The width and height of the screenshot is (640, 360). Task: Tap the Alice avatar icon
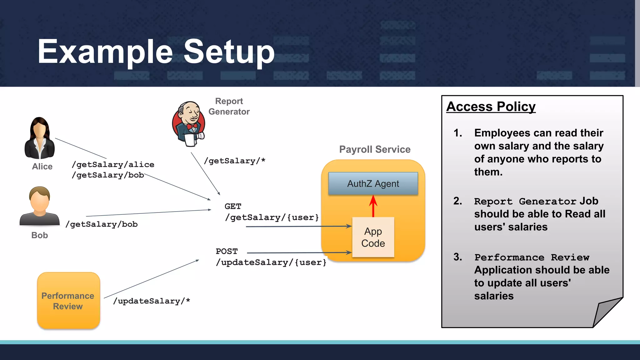coord(40,138)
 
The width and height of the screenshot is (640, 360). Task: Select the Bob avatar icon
coord(40,206)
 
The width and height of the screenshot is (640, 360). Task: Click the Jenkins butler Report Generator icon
coord(188,124)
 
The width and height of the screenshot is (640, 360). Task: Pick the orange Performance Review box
coord(68,300)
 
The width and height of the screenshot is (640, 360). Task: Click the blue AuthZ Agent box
coord(373,184)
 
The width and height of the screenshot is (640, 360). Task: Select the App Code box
coord(373,237)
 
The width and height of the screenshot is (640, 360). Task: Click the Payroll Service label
coord(375,149)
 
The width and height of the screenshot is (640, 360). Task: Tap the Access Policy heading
coord(491,107)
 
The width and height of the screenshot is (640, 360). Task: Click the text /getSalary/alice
coord(113,164)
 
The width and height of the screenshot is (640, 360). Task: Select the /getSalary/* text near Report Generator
coord(234,161)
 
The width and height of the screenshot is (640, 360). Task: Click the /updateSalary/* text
coord(152,301)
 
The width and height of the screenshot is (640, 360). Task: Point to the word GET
coord(233,206)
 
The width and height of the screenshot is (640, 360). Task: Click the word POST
coord(227,251)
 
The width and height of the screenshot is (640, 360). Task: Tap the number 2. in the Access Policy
coord(458,201)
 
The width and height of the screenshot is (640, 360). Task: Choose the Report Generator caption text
coord(229,106)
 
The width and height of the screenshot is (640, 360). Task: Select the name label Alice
coord(42,167)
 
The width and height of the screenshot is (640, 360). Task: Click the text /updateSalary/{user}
coord(271,262)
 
